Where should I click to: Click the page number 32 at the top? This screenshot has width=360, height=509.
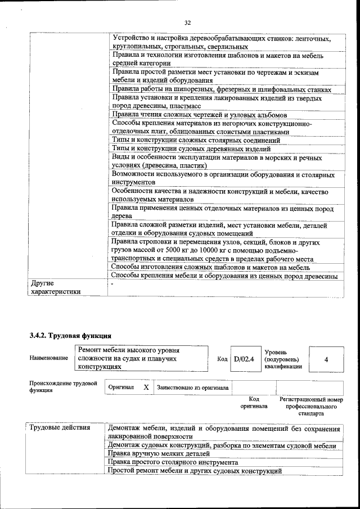click(x=188, y=22)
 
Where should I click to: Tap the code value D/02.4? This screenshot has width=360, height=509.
click(x=244, y=358)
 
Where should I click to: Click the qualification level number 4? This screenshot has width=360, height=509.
click(x=326, y=359)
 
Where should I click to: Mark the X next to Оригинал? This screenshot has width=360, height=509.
click(x=146, y=388)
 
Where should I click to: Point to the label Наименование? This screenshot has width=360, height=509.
click(x=48, y=358)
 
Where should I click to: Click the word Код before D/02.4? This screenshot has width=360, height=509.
click(x=222, y=358)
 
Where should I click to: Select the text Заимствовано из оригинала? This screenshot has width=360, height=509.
click(x=193, y=388)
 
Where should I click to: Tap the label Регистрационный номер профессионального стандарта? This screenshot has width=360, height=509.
click(x=310, y=406)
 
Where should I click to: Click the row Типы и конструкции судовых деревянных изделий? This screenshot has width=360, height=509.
click(x=191, y=148)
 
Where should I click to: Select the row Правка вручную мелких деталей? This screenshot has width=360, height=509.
click(x=159, y=453)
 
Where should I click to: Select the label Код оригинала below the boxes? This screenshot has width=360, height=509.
click(x=254, y=402)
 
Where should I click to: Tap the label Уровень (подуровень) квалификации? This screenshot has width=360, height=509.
click(x=283, y=359)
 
